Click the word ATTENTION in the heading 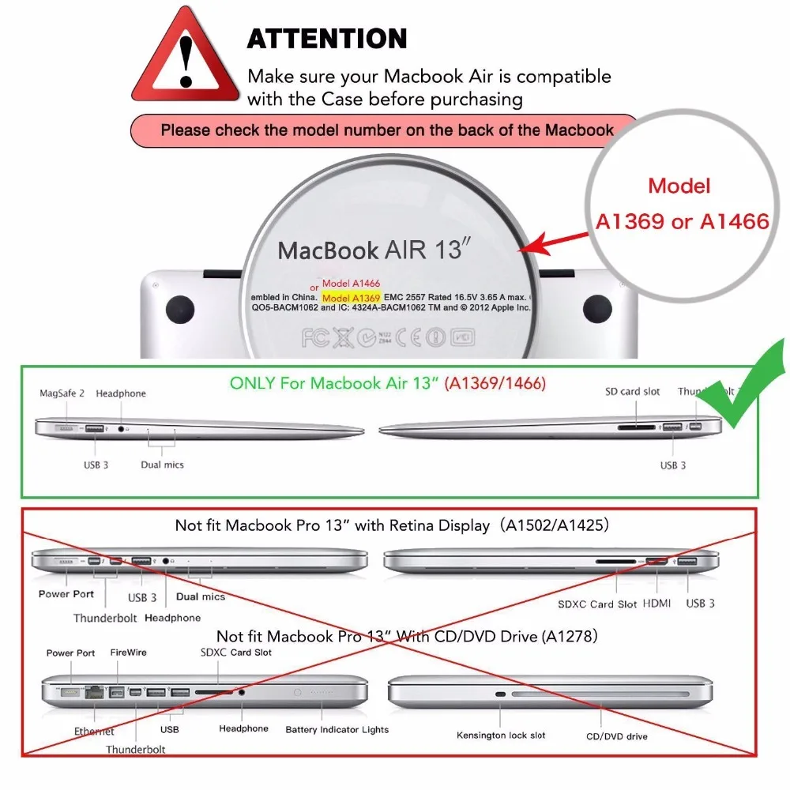tap(327, 39)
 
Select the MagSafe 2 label tap(63, 393)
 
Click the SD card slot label tap(633, 392)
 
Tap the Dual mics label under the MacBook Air tap(162, 465)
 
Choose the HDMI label tap(657, 604)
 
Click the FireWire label tap(127, 653)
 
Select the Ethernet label tap(94, 732)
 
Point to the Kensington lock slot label tap(501, 735)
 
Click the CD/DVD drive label tap(616, 736)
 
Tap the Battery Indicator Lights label tap(337, 730)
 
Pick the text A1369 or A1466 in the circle tap(682, 222)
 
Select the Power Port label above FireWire tap(70, 653)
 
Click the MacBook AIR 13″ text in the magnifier tap(374, 250)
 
